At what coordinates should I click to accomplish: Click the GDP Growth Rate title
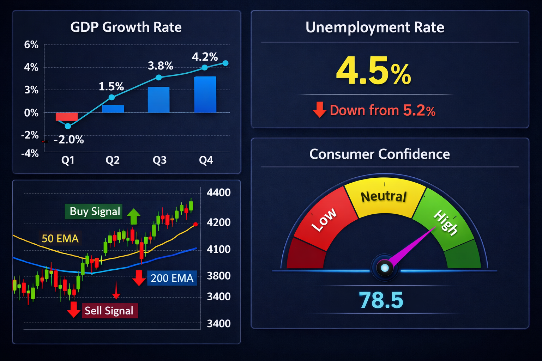click(x=126, y=27)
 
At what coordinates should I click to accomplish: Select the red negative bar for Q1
click(x=67, y=116)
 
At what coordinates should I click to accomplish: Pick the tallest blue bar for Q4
click(x=205, y=94)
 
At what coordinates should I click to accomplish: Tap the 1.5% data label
click(x=111, y=86)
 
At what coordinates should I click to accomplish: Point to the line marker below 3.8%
click(x=159, y=77)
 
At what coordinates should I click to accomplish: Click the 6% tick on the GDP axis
click(x=31, y=45)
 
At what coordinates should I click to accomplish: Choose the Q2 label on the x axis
click(x=113, y=160)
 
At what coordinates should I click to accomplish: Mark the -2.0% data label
click(x=69, y=140)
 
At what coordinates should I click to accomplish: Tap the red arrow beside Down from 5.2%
click(x=319, y=110)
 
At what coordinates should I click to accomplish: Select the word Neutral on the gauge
click(x=384, y=196)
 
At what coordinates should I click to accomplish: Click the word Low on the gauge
click(x=324, y=220)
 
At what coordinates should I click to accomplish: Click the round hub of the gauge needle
click(x=385, y=268)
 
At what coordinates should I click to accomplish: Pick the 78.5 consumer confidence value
click(x=381, y=300)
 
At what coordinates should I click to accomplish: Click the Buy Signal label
click(x=95, y=212)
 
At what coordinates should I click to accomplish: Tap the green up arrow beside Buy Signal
click(x=133, y=216)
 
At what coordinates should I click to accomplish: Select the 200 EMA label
click(x=172, y=278)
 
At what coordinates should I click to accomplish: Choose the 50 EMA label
click(x=60, y=239)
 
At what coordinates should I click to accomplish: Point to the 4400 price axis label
click(x=218, y=192)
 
